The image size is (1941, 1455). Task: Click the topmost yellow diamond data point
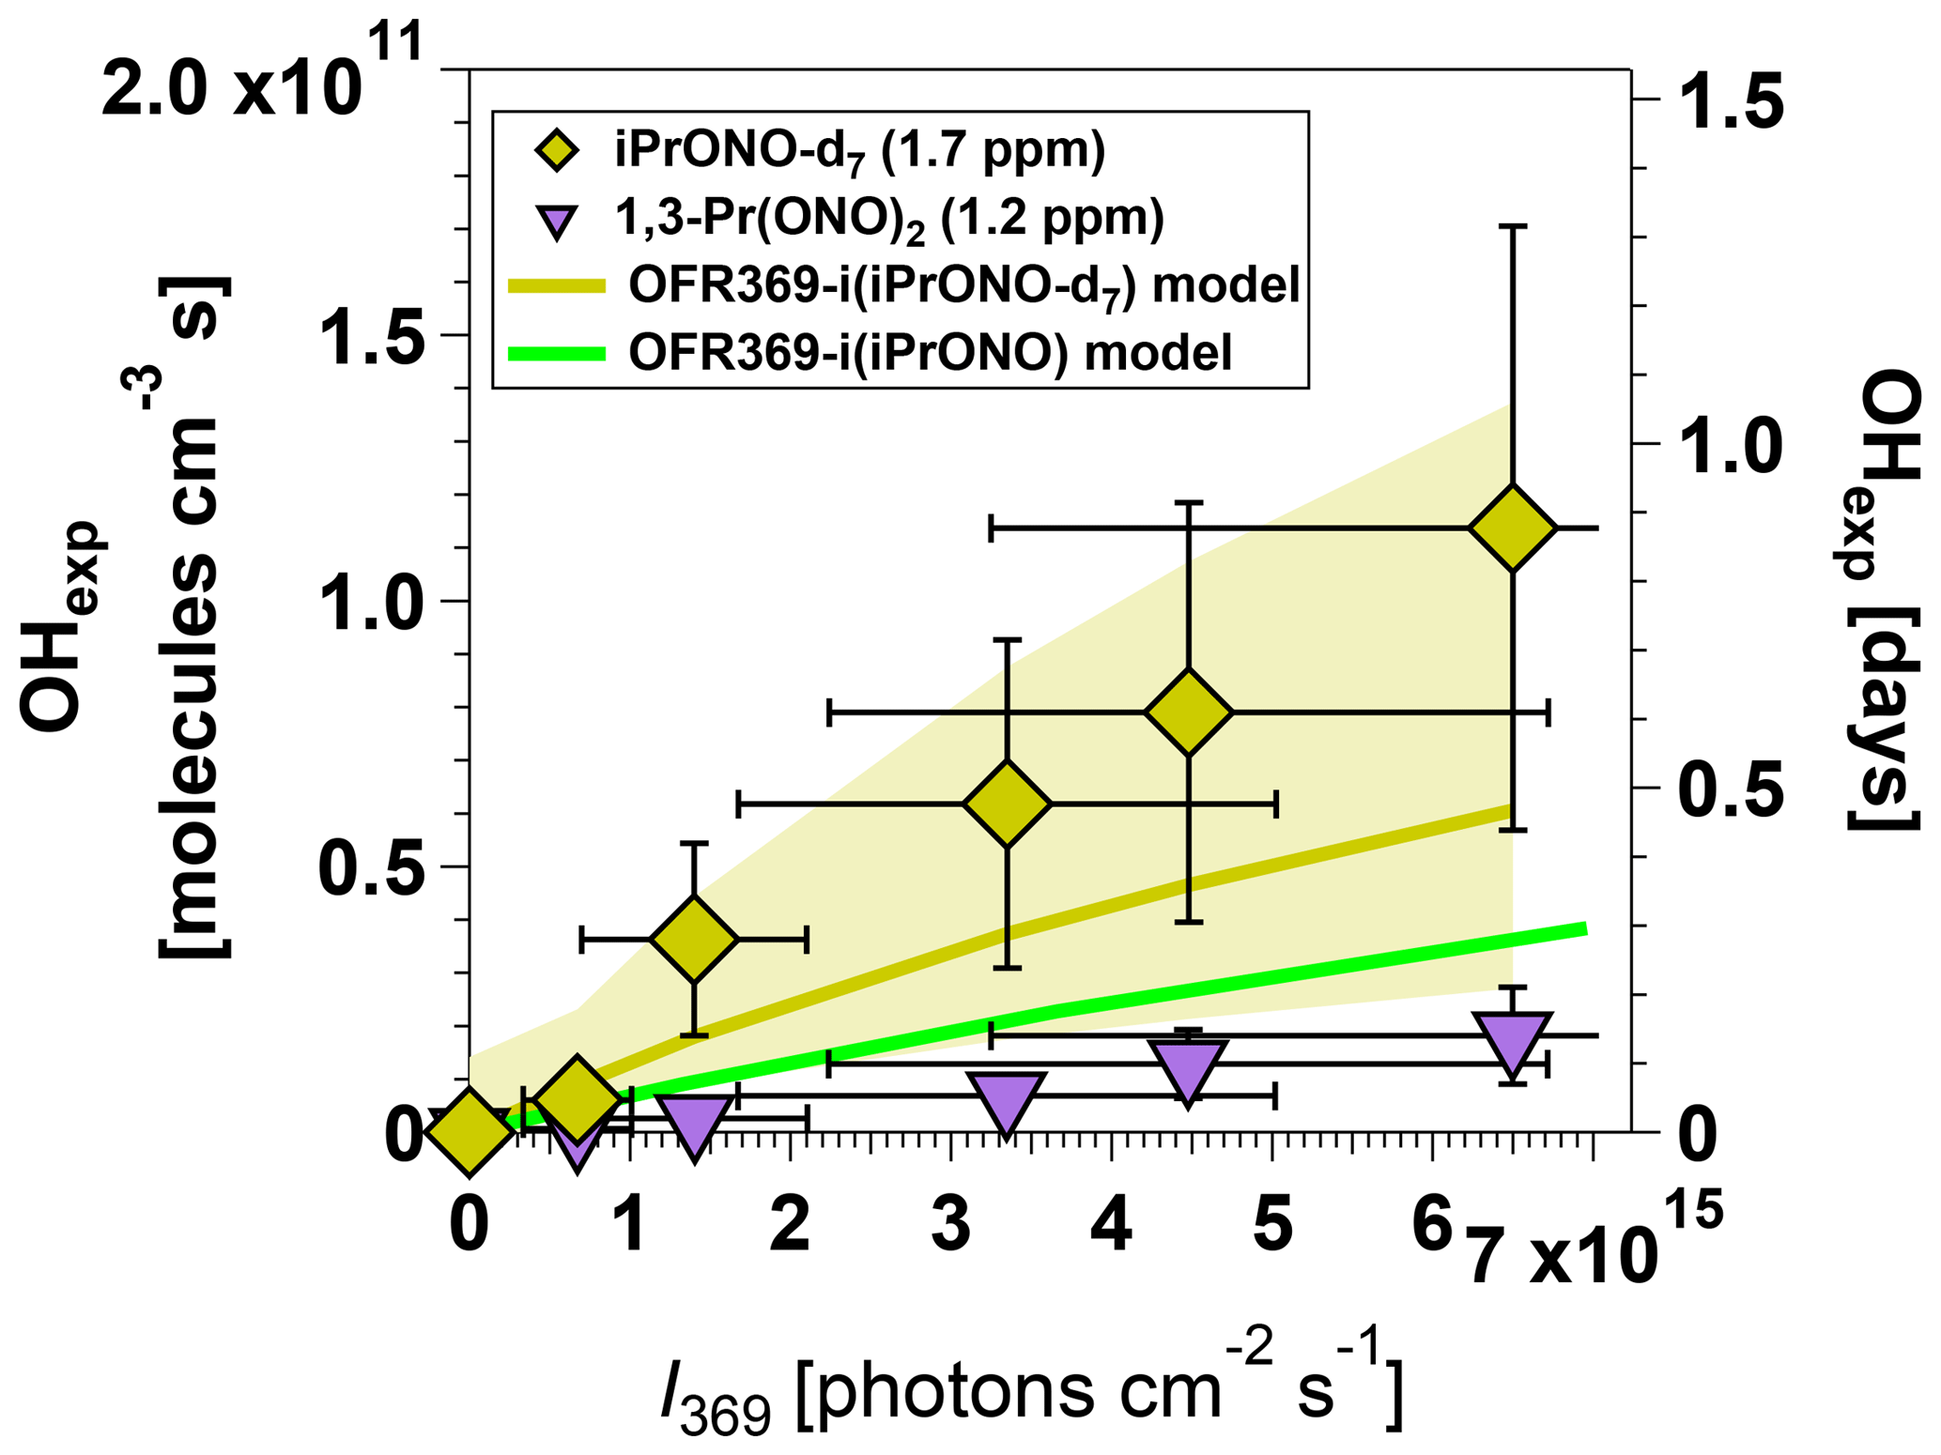click(x=1512, y=528)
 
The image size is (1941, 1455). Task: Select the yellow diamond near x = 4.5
click(x=1189, y=712)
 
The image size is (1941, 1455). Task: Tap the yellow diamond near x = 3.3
click(x=1007, y=804)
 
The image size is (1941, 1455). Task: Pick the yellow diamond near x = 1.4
click(x=694, y=939)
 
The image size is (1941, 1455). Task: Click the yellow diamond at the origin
click(x=470, y=1130)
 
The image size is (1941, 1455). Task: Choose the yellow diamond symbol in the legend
click(x=558, y=151)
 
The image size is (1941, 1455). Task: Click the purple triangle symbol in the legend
click(x=558, y=221)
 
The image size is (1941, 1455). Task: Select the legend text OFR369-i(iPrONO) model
click(x=930, y=353)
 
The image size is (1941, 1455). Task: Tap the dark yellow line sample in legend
click(x=557, y=285)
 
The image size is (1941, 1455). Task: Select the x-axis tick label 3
click(x=951, y=1225)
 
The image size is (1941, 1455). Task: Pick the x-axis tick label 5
click(x=1272, y=1225)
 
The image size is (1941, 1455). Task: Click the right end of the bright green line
click(x=1584, y=929)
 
